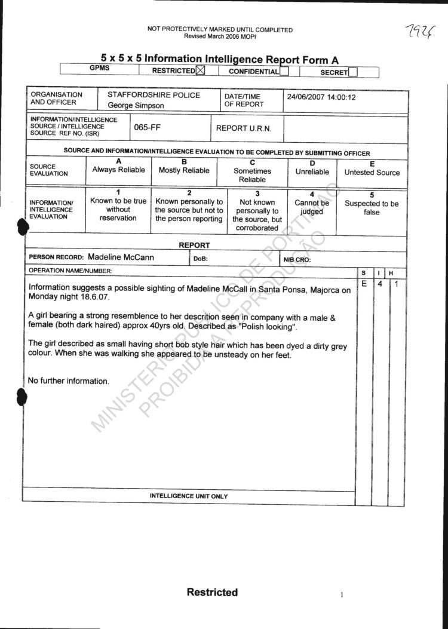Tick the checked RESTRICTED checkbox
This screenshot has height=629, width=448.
click(200, 71)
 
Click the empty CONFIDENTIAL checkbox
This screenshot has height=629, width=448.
click(285, 72)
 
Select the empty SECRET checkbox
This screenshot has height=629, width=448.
click(353, 72)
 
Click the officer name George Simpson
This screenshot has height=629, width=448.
click(136, 106)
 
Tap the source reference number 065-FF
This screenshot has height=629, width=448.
click(148, 128)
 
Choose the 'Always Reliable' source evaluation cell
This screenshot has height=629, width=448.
click(118, 170)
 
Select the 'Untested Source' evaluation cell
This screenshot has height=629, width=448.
click(372, 173)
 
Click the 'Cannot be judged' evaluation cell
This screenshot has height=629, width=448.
click(312, 207)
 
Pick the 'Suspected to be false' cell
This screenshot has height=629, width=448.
click(372, 208)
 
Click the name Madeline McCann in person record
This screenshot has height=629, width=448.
click(121, 257)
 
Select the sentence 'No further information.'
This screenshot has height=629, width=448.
click(69, 381)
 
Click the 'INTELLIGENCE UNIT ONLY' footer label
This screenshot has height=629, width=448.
click(189, 496)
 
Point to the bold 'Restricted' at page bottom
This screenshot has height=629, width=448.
click(212, 592)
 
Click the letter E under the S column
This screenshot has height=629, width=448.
click(363, 284)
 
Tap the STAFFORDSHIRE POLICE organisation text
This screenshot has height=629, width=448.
click(154, 95)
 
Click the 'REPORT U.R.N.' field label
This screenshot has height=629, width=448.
click(244, 128)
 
